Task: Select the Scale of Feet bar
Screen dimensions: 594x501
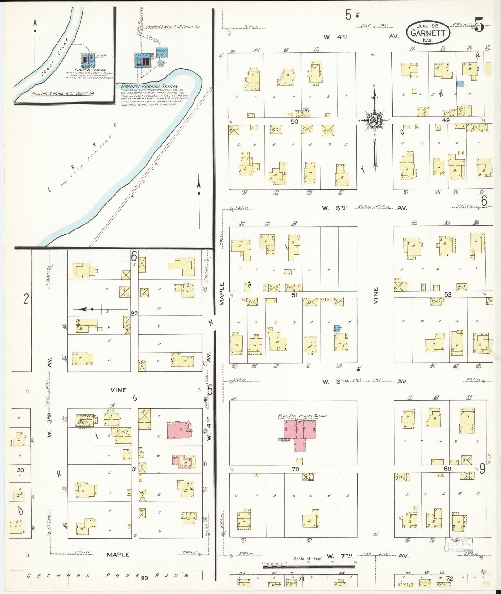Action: coord(309,567)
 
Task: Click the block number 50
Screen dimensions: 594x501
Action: coord(294,121)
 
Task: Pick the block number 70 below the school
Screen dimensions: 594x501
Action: coord(295,469)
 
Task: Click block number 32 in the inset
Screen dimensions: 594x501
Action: coord(134,313)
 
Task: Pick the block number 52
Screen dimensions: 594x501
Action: coord(448,294)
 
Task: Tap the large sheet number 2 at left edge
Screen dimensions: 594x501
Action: coord(26,299)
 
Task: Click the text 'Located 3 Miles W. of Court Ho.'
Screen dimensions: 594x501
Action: coord(63,93)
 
